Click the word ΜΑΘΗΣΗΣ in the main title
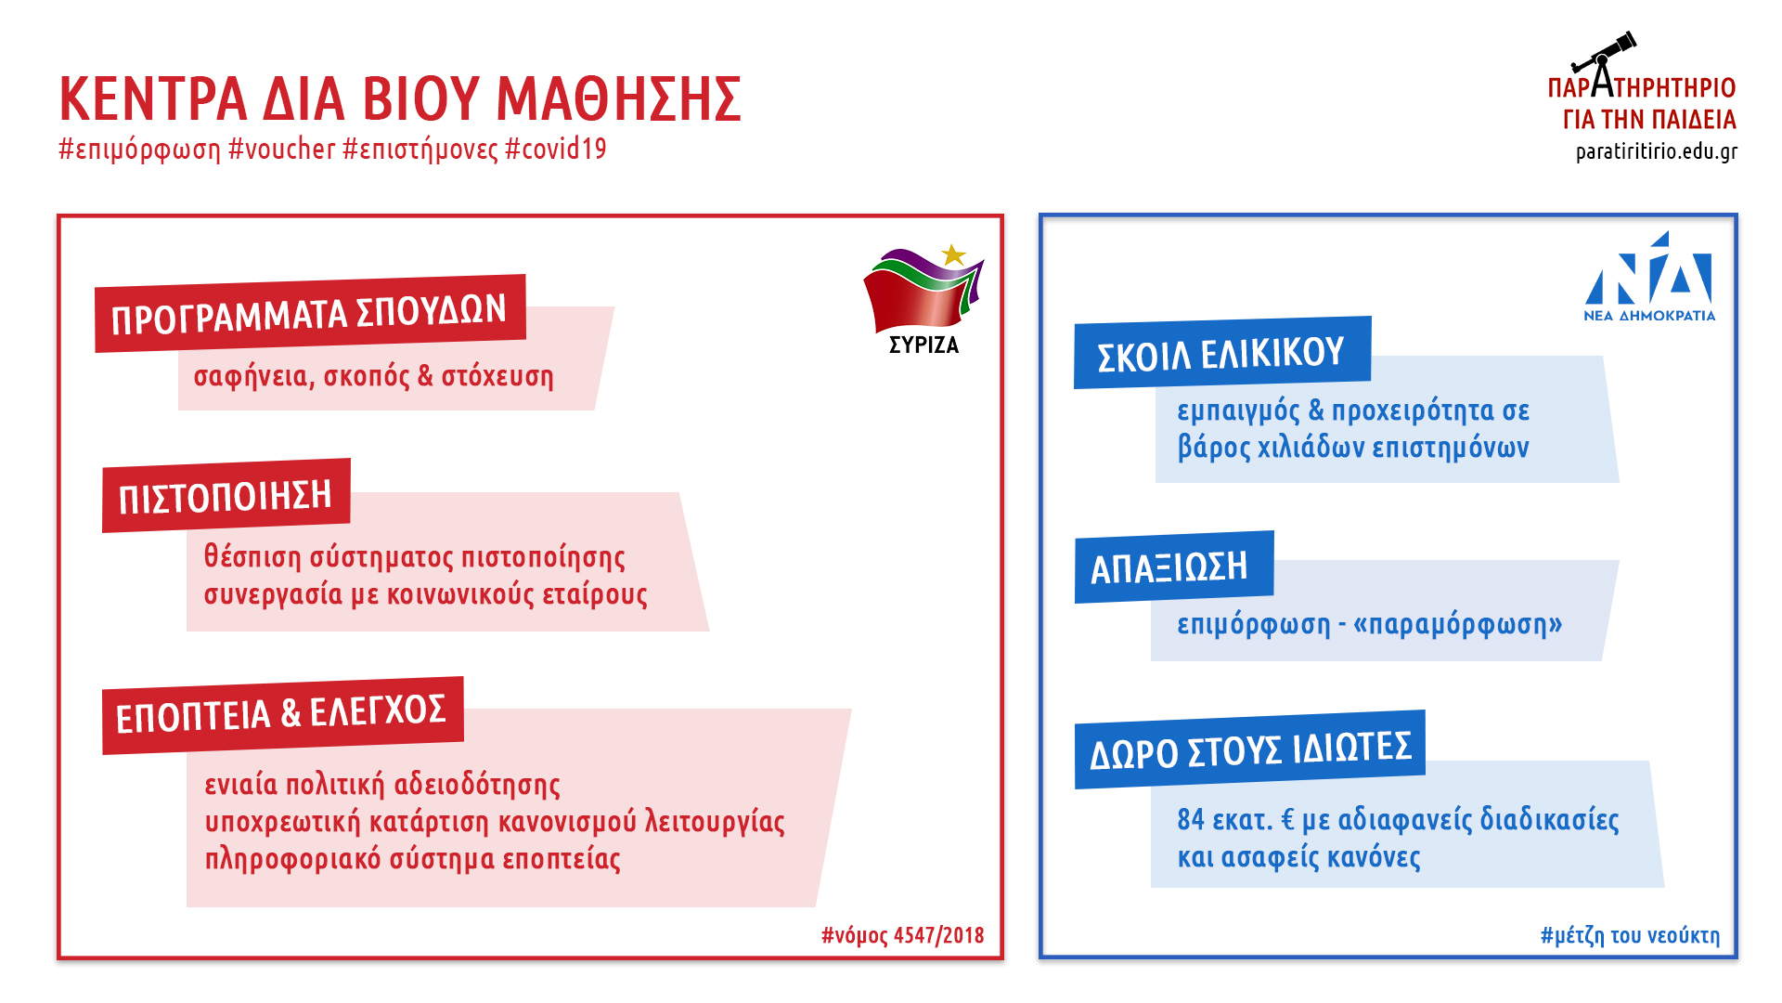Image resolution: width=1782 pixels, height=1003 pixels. pos(619,98)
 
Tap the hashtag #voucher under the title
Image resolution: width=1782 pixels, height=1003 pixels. pos(282,149)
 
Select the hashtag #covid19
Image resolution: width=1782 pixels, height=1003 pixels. pos(556,149)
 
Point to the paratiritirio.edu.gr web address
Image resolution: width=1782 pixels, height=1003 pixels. pos(1657,151)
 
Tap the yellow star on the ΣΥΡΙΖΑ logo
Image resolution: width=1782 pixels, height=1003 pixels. pos(953,254)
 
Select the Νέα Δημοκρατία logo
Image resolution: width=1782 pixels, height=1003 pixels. pos(1649,277)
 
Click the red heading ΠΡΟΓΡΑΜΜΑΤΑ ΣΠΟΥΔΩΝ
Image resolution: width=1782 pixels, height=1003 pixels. pos(309,314)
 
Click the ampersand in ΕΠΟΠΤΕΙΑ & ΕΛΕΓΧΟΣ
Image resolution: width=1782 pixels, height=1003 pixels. pos(291,713)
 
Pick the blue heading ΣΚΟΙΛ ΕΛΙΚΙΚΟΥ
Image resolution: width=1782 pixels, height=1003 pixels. pos(1221,354)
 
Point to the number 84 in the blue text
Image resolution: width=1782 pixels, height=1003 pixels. pos(1191,819)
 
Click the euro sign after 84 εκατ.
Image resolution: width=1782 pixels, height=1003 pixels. pos(1287,819)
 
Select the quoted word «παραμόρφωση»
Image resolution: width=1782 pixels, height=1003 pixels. pos(1458,624)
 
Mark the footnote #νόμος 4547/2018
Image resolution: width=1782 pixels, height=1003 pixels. pos(903,935)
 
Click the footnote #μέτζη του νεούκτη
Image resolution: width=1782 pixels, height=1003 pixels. pos(1631,935)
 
